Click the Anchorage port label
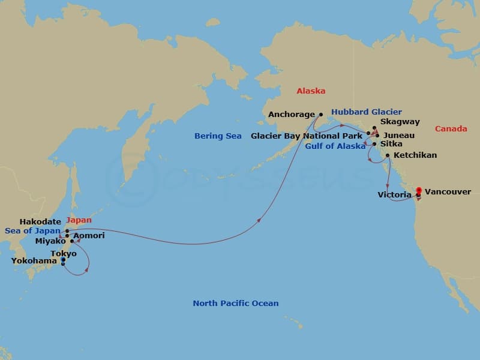292,114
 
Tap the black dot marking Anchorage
320,114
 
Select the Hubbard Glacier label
366,112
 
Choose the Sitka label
391,145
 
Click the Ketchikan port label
415,155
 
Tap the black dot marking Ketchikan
388,156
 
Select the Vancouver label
448,192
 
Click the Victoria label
394,195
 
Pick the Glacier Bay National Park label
307,136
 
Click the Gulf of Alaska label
335,146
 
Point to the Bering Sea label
218,136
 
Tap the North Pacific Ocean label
235,304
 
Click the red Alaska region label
311,91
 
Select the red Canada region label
451,129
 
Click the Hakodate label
40,222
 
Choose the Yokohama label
34,261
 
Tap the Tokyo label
64,254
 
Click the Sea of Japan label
32,230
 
